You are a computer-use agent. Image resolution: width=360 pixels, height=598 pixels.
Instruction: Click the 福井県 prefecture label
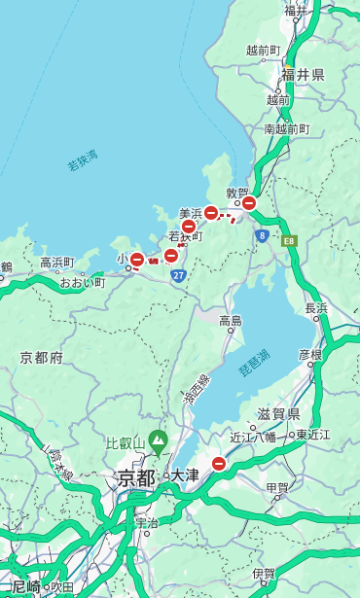303,75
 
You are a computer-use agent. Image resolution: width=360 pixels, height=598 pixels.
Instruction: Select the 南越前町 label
286,128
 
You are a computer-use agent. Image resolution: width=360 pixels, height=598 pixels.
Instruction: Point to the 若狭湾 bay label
83,160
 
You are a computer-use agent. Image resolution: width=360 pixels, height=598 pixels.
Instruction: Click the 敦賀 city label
237,193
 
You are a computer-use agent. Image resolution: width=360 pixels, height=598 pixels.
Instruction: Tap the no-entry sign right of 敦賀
249,203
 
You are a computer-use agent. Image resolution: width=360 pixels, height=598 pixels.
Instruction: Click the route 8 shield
262,235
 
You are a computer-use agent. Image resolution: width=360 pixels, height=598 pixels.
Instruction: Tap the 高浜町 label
57,262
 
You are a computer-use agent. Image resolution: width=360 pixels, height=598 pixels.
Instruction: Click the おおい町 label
83,282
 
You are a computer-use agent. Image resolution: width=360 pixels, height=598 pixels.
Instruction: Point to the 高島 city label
231,321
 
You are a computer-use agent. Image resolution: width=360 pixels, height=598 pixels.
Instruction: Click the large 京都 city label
135,477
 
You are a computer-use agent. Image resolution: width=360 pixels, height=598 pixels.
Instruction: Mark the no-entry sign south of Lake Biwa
219,465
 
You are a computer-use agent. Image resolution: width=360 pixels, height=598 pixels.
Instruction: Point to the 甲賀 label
277,487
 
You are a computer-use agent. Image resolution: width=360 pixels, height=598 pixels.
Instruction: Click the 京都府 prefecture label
41,358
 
